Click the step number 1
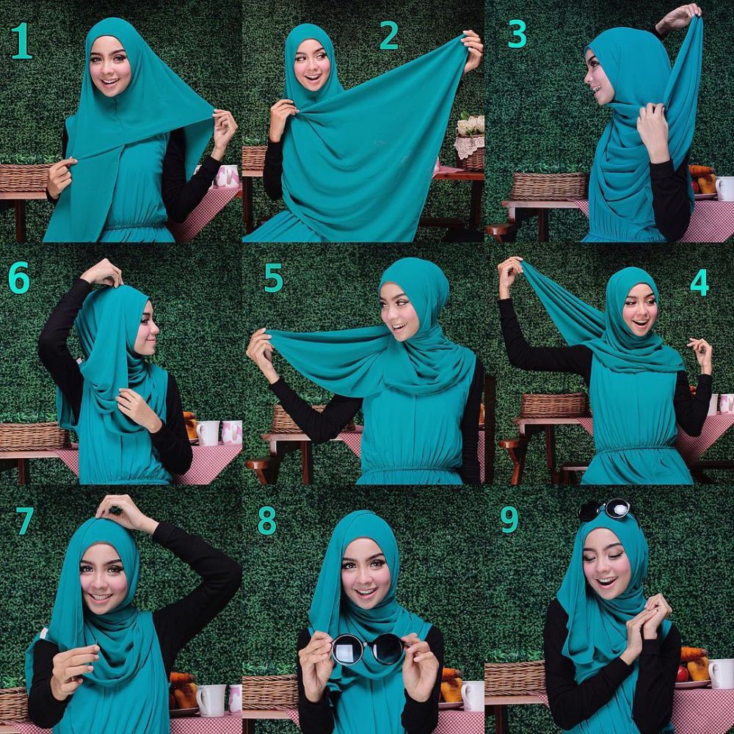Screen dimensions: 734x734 21,43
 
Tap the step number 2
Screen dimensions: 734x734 388,35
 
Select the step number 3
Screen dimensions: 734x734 517,34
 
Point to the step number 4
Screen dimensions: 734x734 699,282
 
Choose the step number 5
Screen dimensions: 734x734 273,279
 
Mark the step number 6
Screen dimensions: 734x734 18,279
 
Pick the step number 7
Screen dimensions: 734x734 25,520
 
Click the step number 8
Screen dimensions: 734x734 266,520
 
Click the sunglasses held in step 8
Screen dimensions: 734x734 368,649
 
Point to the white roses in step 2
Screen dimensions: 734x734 470,125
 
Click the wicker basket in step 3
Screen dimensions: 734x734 549,186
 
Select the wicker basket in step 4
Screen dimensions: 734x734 554,404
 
